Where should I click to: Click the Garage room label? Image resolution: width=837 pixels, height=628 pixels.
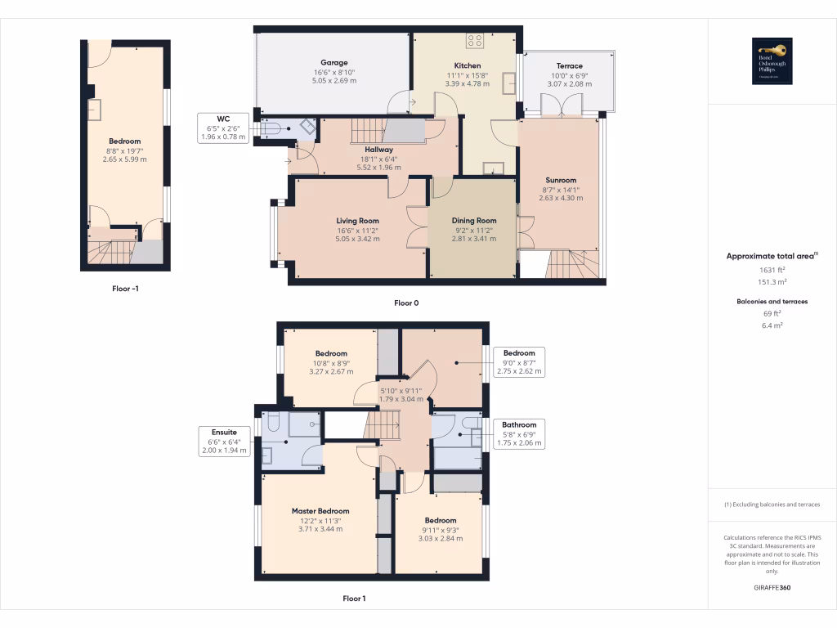pos(333,62)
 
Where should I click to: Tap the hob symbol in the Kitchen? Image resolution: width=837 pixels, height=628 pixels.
pos(475,39)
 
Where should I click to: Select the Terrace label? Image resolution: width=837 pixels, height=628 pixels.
pos(570,66)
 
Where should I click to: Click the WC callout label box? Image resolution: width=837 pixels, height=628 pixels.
pos(223,128)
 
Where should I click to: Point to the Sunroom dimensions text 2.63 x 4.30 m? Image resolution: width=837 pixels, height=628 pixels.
pos(562,198)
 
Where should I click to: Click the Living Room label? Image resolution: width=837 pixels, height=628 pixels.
pos(357,221)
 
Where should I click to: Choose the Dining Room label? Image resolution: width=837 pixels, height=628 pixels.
pos(474,221)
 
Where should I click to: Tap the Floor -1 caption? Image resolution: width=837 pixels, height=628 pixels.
pos(130,289)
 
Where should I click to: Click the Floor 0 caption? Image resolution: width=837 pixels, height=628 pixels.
pos(406,303)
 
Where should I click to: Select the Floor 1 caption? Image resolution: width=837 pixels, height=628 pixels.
pos(354,599)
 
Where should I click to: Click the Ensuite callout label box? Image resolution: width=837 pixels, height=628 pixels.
pos(224,441)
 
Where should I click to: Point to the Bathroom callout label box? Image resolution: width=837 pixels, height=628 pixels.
pos(520,433)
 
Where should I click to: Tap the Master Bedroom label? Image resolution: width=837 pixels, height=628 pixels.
pos(320,511)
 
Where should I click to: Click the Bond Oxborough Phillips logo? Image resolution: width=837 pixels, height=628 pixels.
pos(772,61)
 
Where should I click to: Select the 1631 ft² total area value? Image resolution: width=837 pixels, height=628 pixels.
pos(772,270)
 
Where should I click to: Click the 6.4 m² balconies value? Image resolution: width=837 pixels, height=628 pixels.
pos(772,325)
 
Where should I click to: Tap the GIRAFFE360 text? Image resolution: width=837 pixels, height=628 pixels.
pos(772,588)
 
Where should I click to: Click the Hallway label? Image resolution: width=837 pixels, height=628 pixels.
pos(379,150)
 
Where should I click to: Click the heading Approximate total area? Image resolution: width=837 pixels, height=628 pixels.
pos(771,256)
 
